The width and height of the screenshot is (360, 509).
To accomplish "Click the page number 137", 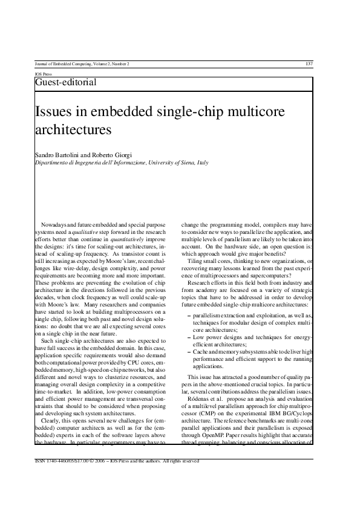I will pyautogui.click(x=309, y=63).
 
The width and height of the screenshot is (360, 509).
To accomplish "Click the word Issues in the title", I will pyautogui.click(x=56, y=112).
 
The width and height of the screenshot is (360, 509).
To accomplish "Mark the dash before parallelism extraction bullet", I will pyautogui.click(x=191, y=316).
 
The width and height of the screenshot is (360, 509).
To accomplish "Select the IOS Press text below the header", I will pyautogui.click(x=44, y=74).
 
